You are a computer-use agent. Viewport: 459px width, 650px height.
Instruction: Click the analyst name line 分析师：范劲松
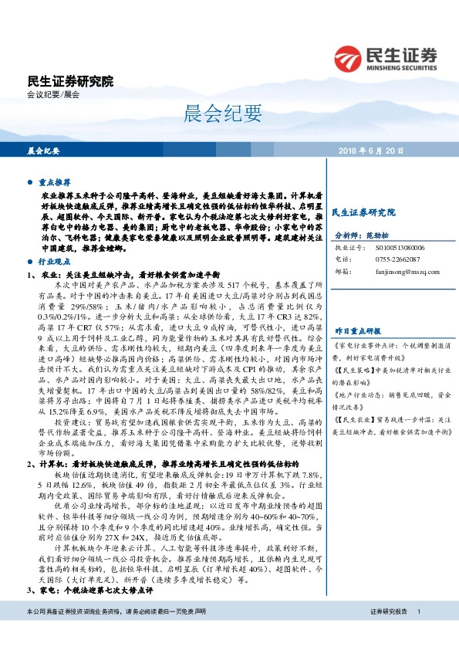[359, 234]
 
